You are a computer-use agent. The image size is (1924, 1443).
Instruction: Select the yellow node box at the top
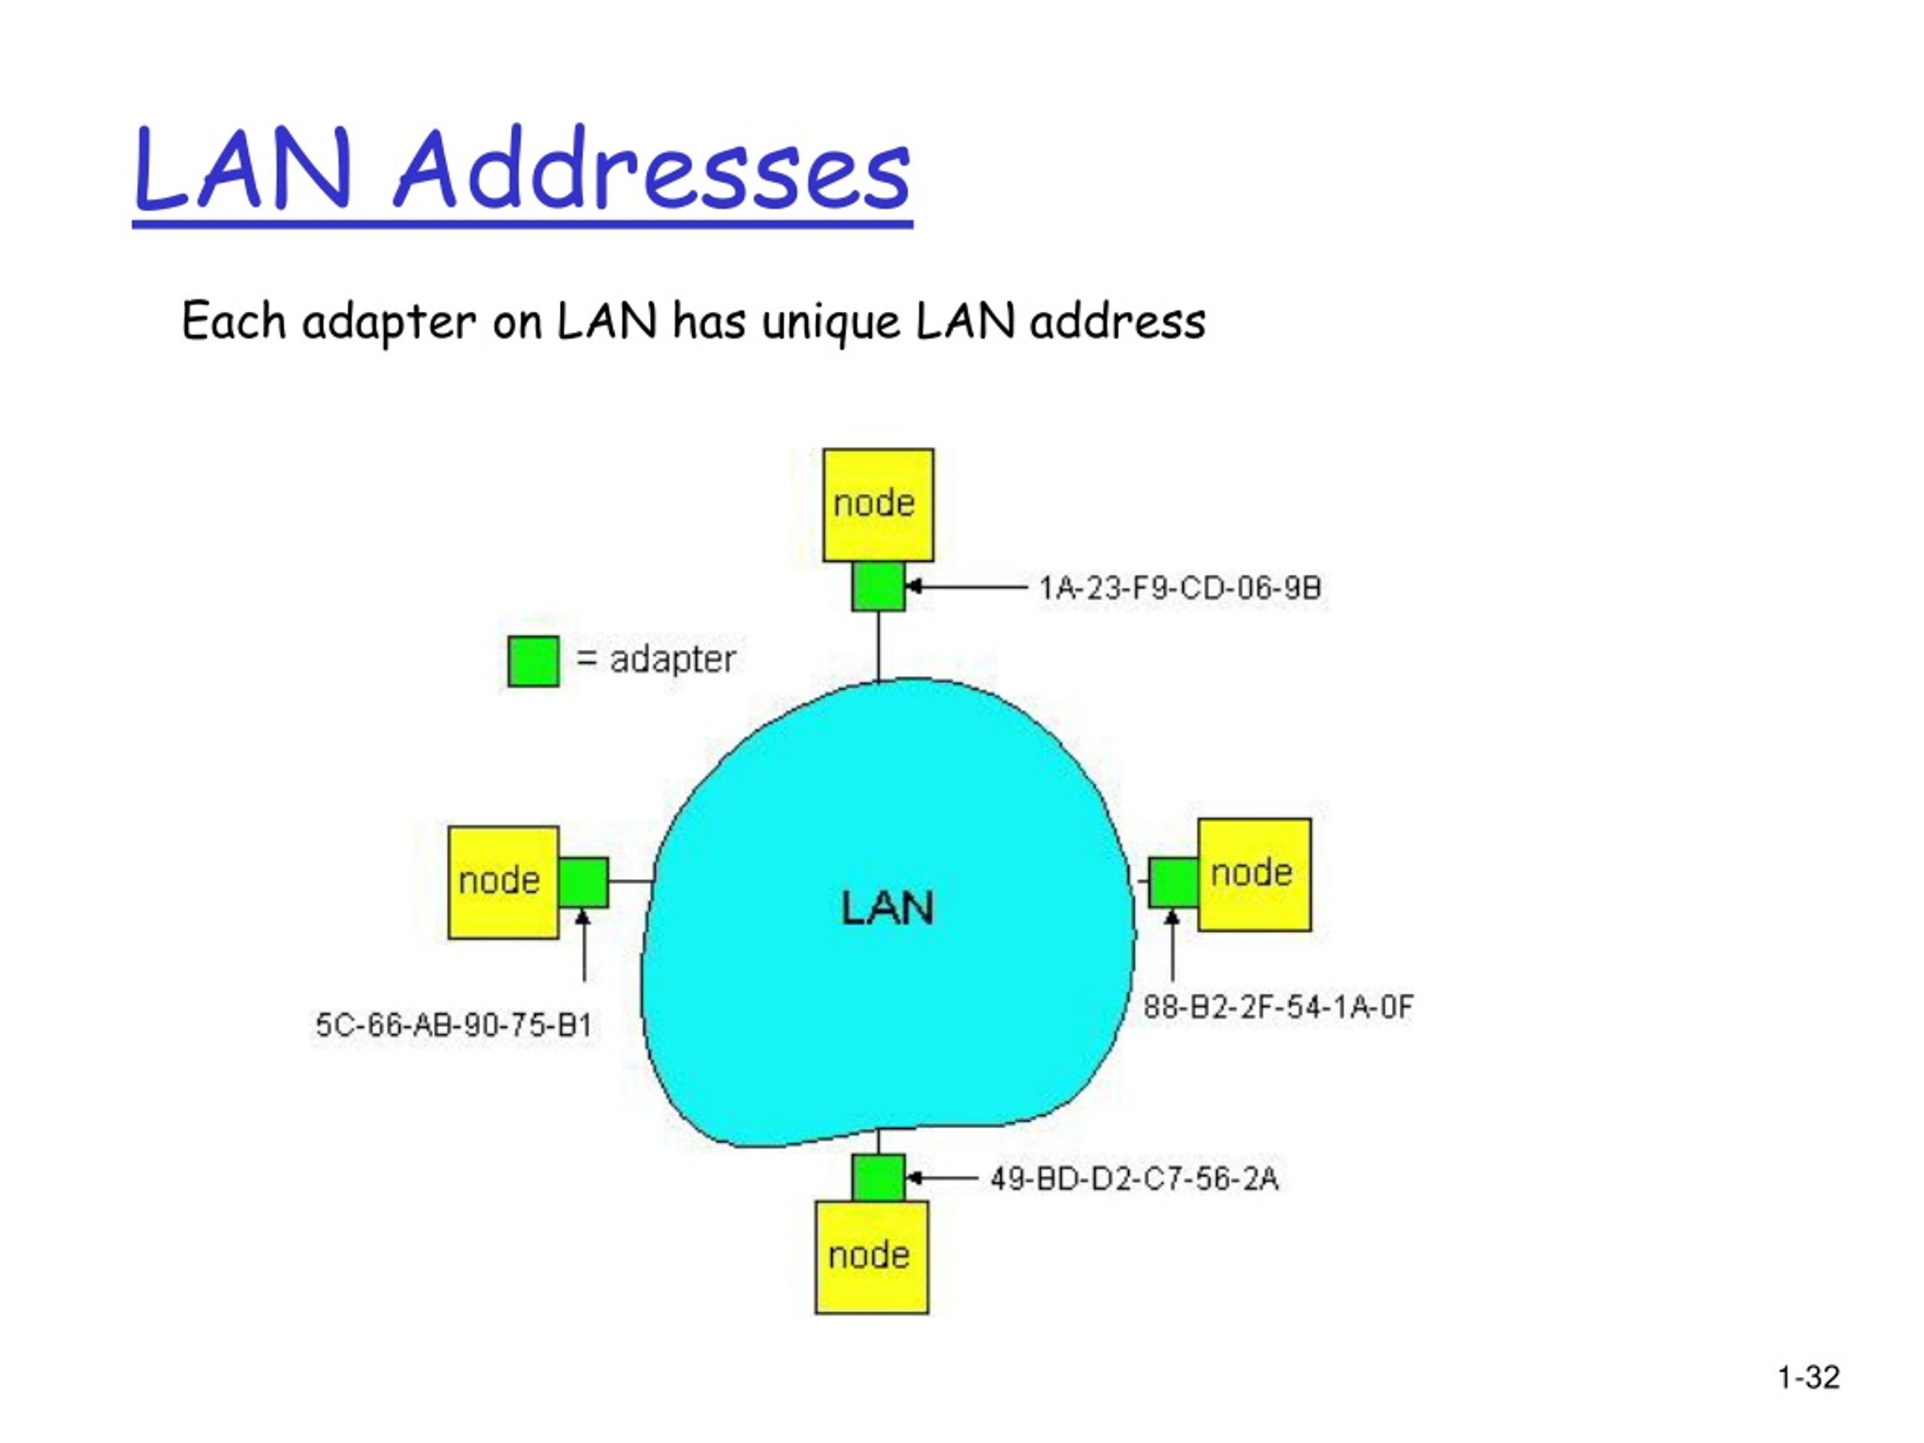[878, 505]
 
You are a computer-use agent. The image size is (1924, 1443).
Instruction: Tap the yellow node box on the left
[503, 882]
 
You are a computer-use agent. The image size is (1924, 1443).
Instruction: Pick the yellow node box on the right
[1254, 874]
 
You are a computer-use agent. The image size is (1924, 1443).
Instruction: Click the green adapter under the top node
[878, 586]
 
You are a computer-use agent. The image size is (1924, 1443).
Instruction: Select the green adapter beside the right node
[1173, 882]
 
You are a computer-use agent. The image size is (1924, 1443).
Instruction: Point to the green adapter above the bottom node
[879, 1178]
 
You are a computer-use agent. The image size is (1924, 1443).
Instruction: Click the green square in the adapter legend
[533, 661]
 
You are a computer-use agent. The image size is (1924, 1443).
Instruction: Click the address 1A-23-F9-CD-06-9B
[1180, 588]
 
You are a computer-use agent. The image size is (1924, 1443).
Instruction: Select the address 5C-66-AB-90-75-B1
[453, 1024]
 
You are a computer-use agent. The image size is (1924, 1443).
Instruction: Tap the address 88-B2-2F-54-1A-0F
[1278, 1007]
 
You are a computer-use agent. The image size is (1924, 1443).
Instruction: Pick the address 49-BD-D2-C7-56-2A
[1134, 1178]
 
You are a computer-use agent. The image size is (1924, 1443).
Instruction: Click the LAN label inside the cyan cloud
[887, 908]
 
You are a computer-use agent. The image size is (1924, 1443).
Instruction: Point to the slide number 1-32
[1808, 1377]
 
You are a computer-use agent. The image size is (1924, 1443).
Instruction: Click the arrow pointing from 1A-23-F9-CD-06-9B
[967, 587]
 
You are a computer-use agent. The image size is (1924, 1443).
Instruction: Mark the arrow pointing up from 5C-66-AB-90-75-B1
[582, 945]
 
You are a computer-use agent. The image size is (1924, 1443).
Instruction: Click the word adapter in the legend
[673, 660]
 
